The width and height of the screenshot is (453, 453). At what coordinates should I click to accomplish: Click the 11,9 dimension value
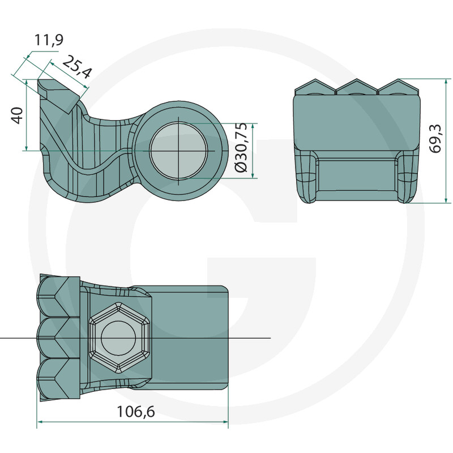(x=49, y=40)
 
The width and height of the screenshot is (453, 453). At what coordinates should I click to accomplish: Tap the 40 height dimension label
(x=18, y=116)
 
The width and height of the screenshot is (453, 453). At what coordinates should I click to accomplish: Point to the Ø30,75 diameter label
(x=241, y=147)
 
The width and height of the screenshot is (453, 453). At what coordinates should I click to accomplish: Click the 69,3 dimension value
(x=435, y=138)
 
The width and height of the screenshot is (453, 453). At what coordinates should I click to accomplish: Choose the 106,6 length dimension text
(x=135, y=412)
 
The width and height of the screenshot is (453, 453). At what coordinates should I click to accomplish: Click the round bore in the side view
(x=179, y=150)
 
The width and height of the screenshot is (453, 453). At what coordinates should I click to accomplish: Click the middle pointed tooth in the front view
(x=357, y=87)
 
